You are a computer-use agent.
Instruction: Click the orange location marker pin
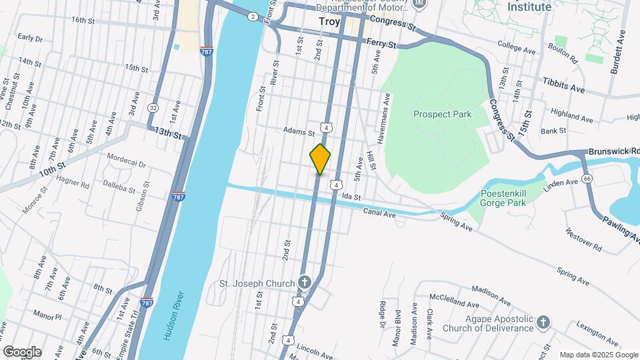(320, 159)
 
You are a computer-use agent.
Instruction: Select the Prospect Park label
(442, 114)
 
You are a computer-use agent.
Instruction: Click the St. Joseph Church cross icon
(305, 283)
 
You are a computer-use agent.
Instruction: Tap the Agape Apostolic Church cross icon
(543, 323)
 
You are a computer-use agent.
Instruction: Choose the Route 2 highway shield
(253, 16)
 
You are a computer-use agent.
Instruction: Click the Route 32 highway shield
(153, 107)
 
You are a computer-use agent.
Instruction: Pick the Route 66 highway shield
(587, 179)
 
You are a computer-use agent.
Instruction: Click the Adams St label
(298, 131)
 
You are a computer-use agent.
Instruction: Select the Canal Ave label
(379, 211)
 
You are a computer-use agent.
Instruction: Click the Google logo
(21, 351)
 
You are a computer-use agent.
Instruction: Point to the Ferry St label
(382, 44)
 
